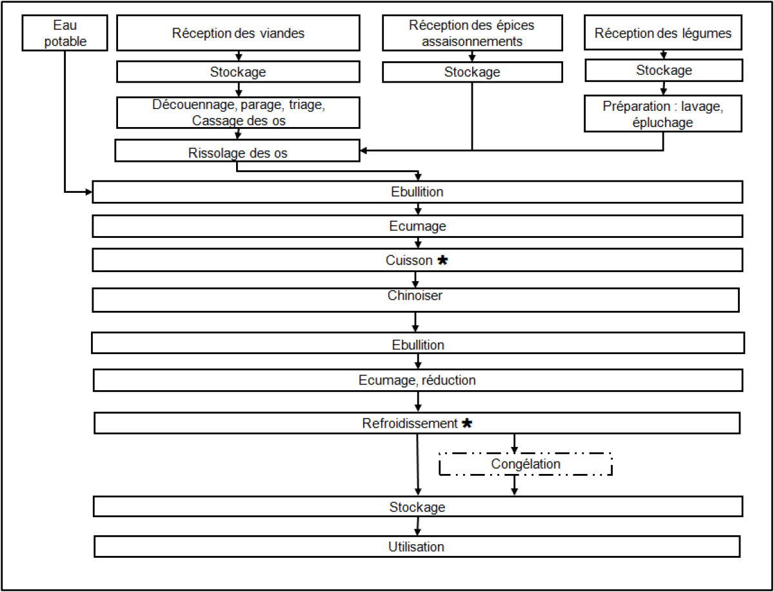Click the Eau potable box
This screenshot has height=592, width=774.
pyautogui.click(x=65, y=33)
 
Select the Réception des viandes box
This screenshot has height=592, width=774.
pyautogui.click(x=239, y=33)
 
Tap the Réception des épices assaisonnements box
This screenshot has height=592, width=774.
pyautogui.click(x=472, y=33)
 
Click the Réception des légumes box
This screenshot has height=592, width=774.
pyautogui.click(x=663, y=32)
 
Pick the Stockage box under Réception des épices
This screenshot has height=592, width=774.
pyautogui.click(x=472, y=72)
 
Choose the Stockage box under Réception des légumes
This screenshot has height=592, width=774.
pyautogui.click(x=664, y=70)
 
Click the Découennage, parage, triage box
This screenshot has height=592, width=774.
pyautogui.click(x=239, y=112)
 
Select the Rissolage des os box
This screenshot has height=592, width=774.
pyautogui.click(x=237, y=150)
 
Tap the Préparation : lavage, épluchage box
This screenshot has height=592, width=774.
pyautogui.click(x=663, y=113)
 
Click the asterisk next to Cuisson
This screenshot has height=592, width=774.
pyautogui.click(x=442, y=261)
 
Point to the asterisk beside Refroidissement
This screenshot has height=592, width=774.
pyautogui.click(x=467, y=423)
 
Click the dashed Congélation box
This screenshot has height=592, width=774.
pyautogui.click(x=526, y=464)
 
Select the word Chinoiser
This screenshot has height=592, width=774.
pyautogui.click(x=415, y=295)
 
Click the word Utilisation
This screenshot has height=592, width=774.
pyautogui.click(x=416, y=547)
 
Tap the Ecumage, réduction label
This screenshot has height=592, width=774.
pyautogui.click(x=417, y=380)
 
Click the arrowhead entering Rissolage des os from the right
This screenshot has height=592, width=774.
pyautogui.click(x=364, y=150)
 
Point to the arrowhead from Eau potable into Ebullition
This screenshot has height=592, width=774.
pyautogui.click(x=88, y=192)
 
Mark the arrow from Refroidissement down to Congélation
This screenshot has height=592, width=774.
pyautogui.click(x=515, y=444)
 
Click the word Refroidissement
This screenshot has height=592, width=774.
pyautogui.click(x=410, y=423)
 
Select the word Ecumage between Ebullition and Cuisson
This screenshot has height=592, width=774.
pyautogui.click(x=417, y=226)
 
